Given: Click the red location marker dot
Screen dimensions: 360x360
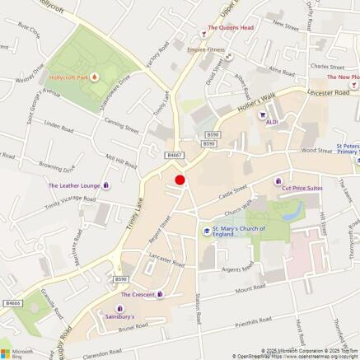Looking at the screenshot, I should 180,180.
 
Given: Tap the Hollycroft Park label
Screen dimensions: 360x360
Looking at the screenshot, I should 68,77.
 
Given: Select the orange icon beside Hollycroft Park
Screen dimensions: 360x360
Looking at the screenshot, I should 94,77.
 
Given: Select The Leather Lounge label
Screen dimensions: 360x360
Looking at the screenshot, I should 73,185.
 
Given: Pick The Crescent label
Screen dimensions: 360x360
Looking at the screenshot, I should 137,294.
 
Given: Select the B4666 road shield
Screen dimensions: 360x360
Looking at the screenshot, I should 11,303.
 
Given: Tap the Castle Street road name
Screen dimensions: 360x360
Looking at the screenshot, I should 233,194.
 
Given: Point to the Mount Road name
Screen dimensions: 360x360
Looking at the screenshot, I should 250,290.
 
